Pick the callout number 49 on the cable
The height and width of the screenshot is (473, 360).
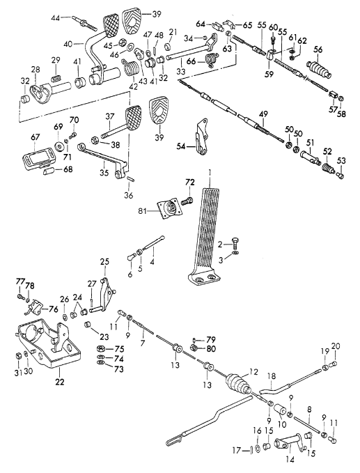263,114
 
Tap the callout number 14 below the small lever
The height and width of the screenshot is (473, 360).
289,461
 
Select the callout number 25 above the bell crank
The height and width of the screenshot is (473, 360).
104,261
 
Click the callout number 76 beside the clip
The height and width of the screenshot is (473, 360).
53,309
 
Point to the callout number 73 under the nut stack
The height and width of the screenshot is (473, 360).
118,369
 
